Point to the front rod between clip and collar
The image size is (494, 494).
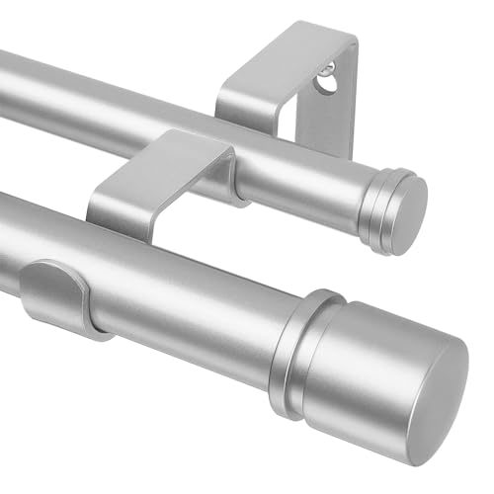[x=188, y=296]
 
